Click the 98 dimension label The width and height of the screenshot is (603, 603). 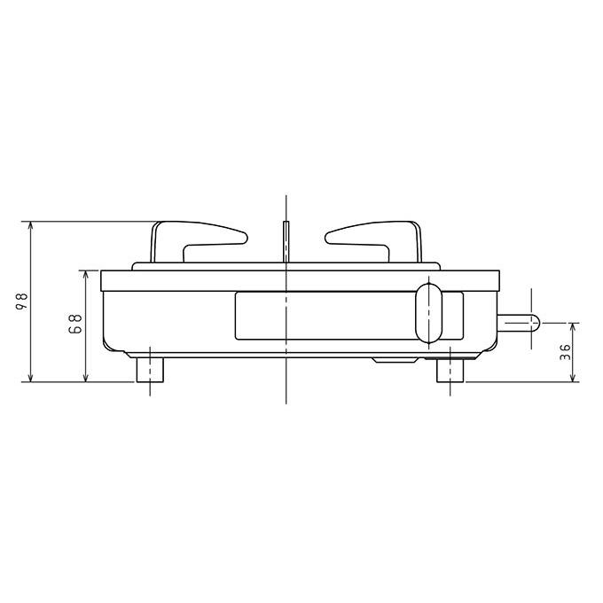[24, 301]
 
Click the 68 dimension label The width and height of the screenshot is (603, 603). [76, 324]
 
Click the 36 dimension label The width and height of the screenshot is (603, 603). [565, 351]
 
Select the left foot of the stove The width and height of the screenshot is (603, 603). [150, 370]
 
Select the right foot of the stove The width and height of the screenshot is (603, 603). [450, 370]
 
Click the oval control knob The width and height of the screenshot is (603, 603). [429, 313]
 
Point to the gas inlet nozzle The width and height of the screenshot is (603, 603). [519, 322]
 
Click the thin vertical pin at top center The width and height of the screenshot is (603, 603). [286, 241]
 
